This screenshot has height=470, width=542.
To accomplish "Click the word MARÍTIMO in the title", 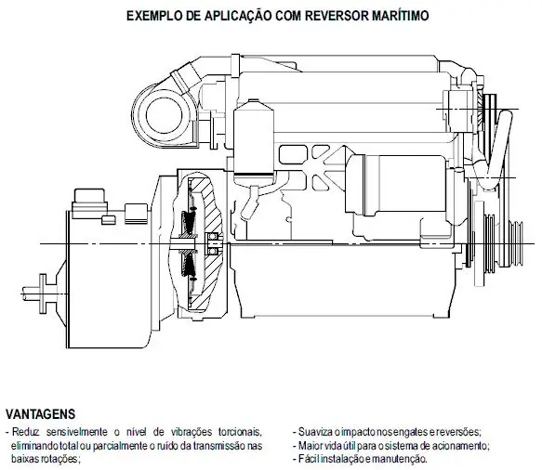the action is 401,16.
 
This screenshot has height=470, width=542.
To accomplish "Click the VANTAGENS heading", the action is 41,414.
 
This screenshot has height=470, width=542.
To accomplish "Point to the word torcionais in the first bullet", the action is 239,432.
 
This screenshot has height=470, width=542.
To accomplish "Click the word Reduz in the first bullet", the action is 26,432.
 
